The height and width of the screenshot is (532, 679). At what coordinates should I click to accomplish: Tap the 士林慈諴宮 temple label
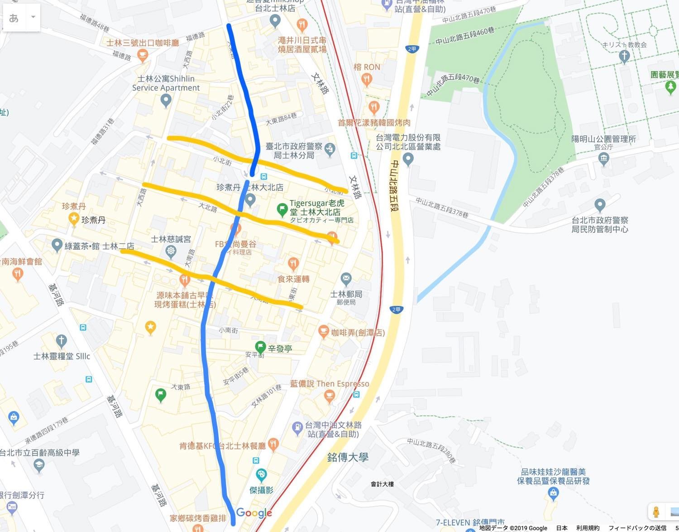pyautogui.click(x=171, y=239)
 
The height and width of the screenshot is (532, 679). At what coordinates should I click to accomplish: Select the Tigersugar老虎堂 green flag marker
pyautogui.click(x=282, y=209)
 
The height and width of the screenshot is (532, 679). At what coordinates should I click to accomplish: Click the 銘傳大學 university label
pyautogui.click(x=348, y=457)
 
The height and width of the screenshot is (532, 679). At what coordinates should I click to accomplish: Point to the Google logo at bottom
pyautogui.click(x=254, y=513)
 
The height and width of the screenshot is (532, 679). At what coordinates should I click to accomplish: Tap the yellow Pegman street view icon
pyautogui.click(x=656, y=512)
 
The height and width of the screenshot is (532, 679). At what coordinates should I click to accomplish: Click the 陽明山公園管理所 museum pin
pyautogui.click(x=603, y=159)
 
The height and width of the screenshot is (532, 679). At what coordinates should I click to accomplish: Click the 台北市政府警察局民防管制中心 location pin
pyautogui.click(x=600, y=205)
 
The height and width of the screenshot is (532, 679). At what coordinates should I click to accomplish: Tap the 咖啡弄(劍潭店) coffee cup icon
pyautogui.click(x=323, y=331)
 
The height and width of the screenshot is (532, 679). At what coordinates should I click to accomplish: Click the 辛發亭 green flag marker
pyautogui.click(x=260, y=347)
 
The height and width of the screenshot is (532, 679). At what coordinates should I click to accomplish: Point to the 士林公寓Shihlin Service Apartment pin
pyautogui.click(x=166, y=100)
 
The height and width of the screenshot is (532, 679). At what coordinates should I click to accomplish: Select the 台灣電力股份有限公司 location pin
pyautogui.click(x=408, y=159)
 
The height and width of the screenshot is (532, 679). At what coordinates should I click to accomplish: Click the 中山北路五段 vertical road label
pyautogui.click(x=395, y=186)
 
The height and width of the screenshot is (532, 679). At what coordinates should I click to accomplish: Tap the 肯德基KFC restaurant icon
pyautogui.click(x=273, y=444)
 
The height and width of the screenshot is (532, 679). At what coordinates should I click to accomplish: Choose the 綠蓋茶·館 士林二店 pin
pyautogui.click(x=57, y=245)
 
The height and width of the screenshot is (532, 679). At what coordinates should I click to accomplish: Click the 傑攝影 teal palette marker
pyautogui.click(x=261, y=475)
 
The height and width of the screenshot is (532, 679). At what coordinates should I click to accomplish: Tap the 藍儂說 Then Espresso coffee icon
pyautogui.click(x=330, y=397)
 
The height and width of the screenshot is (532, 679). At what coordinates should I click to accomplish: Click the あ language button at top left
pyautogui.click(x=14, y=18)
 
